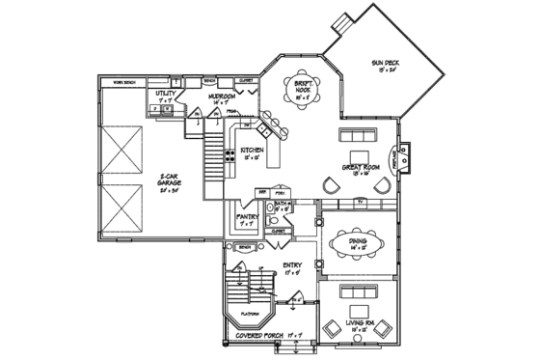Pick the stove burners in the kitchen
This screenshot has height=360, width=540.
click(x=230, y=153)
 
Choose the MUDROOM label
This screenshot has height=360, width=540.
click(x=222, y=98)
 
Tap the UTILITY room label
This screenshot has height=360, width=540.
click(x=166, y=96)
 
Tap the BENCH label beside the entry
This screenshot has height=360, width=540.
click(x=245, y=247)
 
